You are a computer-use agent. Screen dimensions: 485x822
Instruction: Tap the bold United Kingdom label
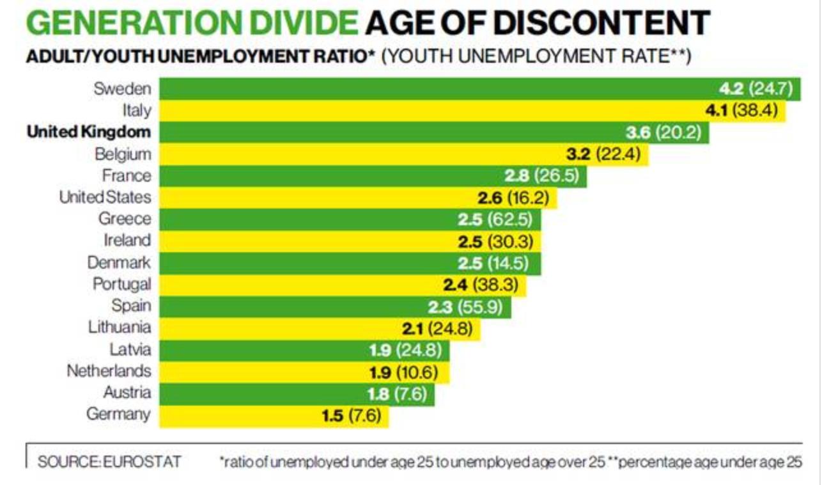tap(89, 132)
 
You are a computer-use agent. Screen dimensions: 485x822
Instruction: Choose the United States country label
tap(105, 197)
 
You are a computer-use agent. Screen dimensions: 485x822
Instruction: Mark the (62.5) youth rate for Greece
tap(509, 219)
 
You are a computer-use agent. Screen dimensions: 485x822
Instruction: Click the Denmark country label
tap(119, 262)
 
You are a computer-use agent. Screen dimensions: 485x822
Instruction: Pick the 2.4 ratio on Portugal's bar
tap(454, 284)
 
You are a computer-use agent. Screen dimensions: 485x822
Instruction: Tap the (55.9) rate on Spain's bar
tap(479, 306)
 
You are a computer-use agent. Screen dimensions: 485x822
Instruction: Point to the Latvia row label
tap(130, 350)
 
